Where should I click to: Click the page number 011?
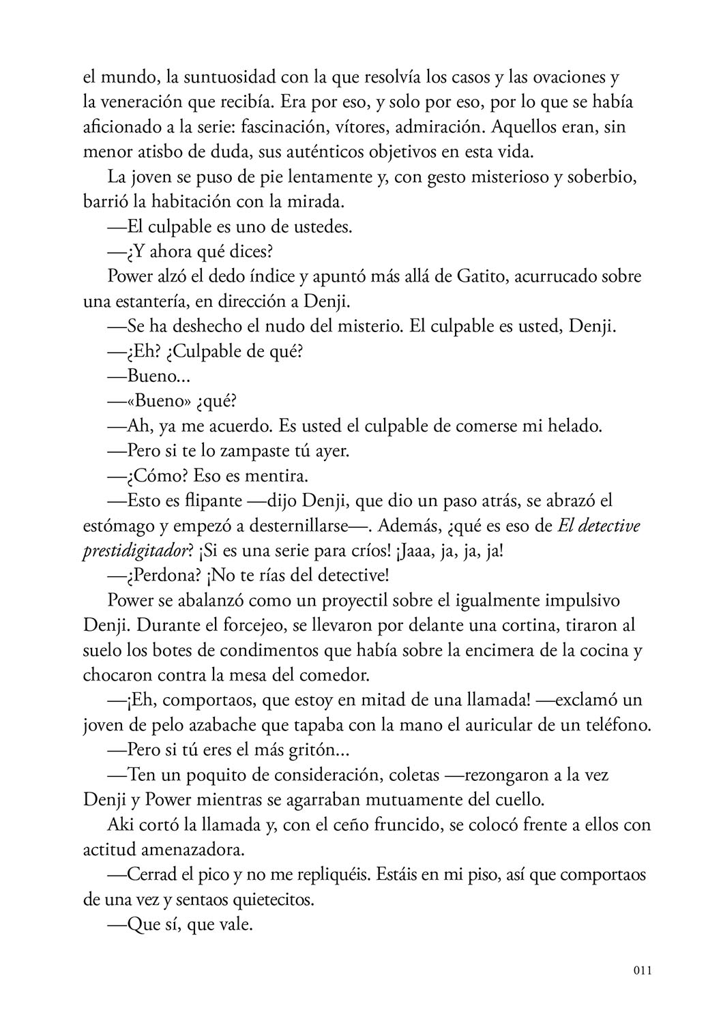(642, 970)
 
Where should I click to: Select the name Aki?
(121, 825)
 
